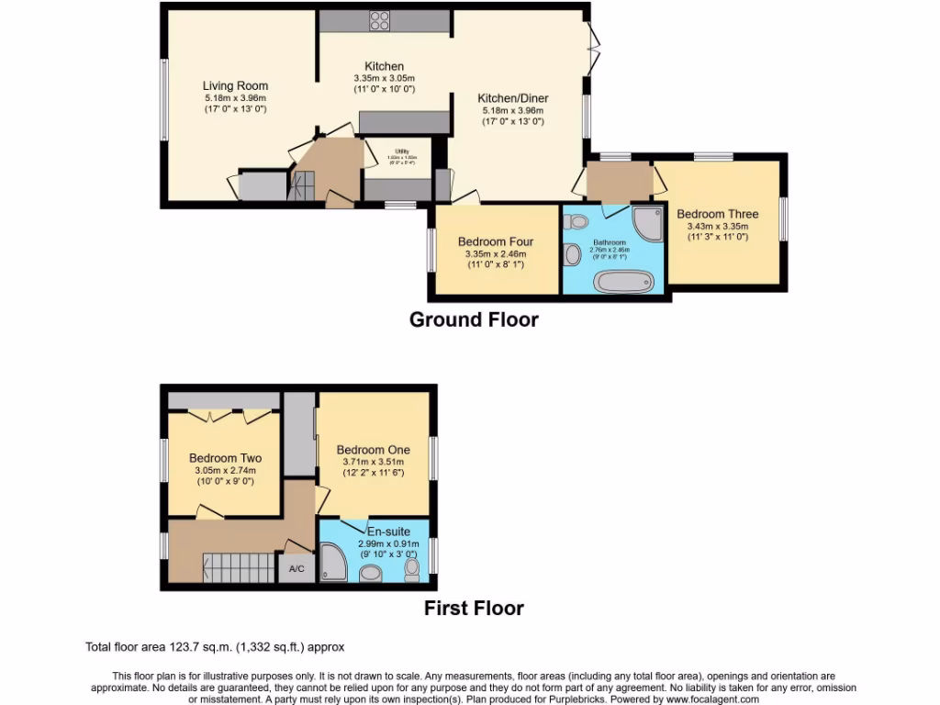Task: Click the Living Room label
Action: (235, 85)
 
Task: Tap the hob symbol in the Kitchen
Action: (380, 20)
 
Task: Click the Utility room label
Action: (401, 151)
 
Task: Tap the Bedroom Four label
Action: (496, 242)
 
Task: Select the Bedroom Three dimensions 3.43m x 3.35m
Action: (718, 226)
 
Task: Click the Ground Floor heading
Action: (473, 319)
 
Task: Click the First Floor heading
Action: (474, 608)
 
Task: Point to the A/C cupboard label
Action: (297, 569)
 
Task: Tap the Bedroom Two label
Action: (225, 458)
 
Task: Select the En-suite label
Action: (388, 532)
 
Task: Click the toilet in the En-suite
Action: (412, 570)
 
